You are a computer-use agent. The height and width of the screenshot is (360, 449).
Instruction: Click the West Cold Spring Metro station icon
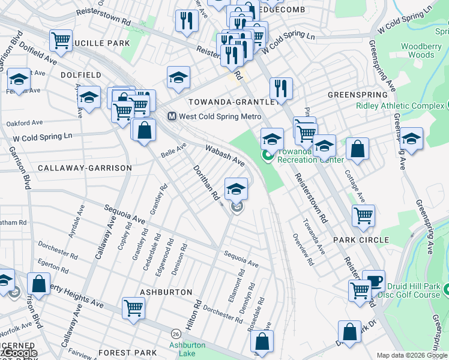pyautogui.click(x=171, y=116)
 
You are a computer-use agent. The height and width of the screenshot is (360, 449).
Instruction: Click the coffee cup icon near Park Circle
pyautogui.click(x=373, y=281)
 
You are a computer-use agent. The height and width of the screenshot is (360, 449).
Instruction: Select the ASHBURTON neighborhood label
pyautogui.click(x=166, y=292)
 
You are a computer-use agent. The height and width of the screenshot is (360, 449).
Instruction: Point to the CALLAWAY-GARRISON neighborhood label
pyautogui.click(x=84, y=168)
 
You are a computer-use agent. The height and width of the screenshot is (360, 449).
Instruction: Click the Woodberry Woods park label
pyautogui.click(x=417, y=50)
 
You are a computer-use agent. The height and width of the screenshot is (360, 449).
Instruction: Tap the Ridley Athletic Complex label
pyautogui.click(x=400, y=106)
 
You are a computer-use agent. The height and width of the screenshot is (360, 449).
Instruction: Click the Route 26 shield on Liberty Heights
pyautogui.click(x=176, y=333)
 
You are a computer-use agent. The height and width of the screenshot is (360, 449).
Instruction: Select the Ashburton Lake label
pyautogui.click(x=187, y=349)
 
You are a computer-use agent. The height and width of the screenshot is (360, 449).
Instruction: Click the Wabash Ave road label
pyautogui.click(x=225, y=154)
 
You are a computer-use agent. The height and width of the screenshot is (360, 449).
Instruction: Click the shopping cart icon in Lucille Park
pyautogui.click(x=61, y=41)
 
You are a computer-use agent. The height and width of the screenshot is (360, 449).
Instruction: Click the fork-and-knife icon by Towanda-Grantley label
pyautogui.click(x=281, y=89)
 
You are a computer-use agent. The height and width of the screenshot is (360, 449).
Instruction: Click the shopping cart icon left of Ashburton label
pyautogui.click(x=133, y=308)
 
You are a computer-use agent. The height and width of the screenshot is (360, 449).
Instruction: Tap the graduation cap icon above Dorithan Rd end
pyautogui.click(x=236, y=188)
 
